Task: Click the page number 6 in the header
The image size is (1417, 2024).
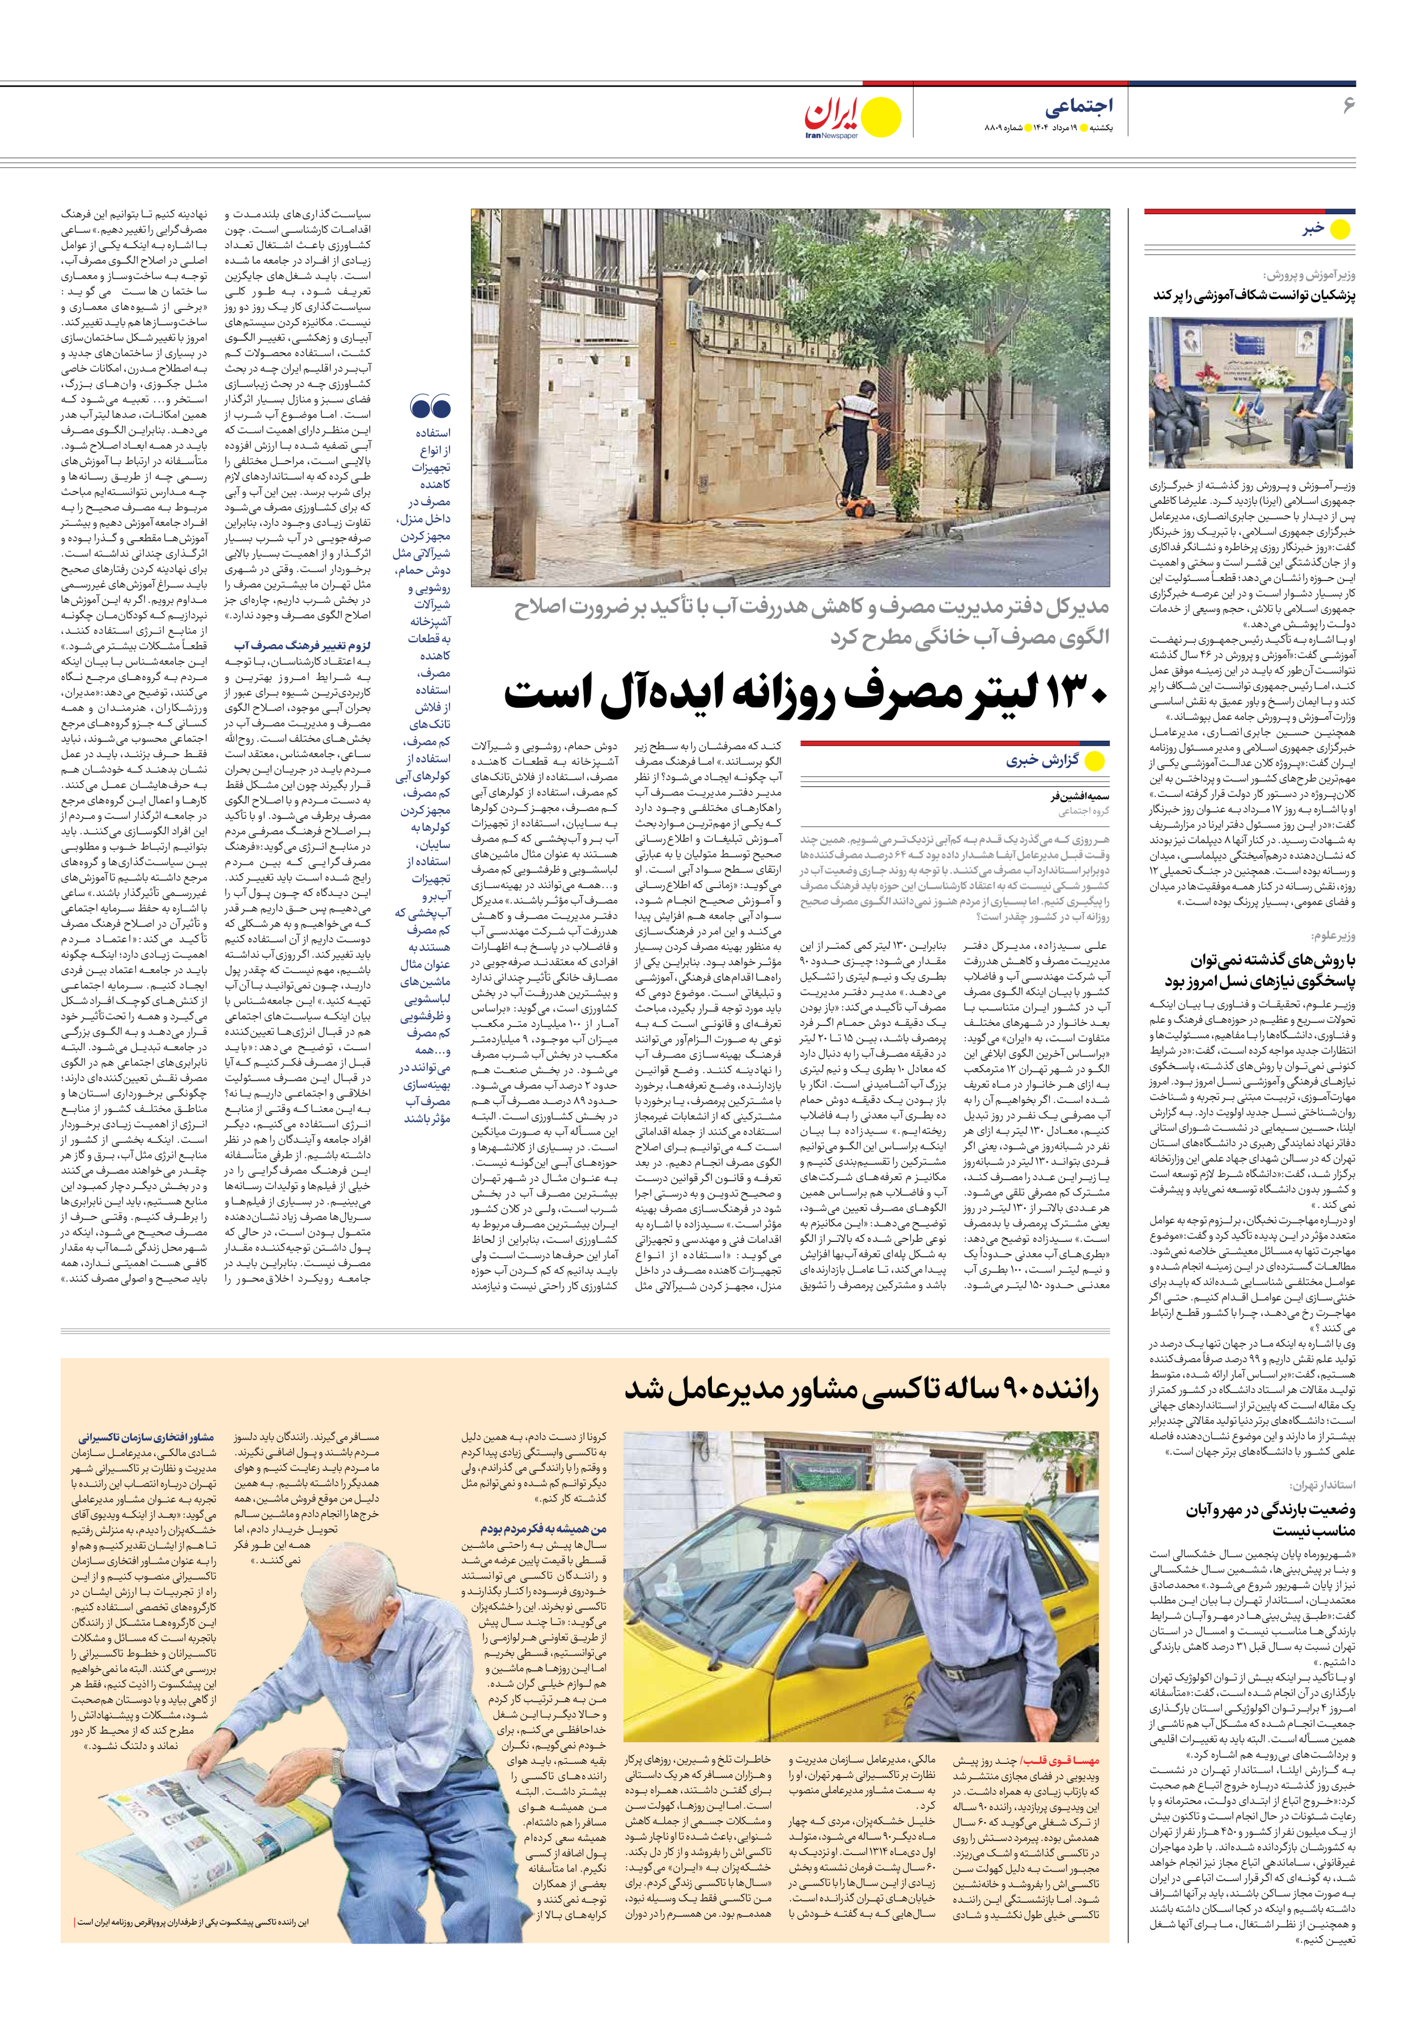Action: tap(1347, 106)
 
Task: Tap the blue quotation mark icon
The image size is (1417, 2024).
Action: tap(430, 408)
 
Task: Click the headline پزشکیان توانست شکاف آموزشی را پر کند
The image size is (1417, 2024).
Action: tap(1254, 296)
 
